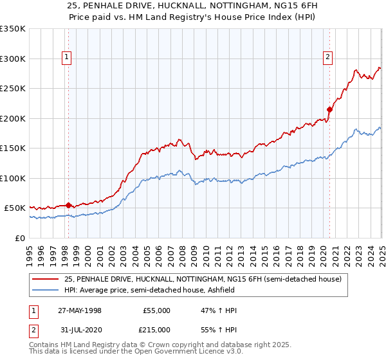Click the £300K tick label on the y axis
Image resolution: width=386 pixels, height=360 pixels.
coord(13,59)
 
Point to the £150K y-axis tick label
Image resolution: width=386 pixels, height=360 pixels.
coord(13,148)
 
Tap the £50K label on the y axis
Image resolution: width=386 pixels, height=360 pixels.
coord(15,208)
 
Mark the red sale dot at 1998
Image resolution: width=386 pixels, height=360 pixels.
coord(69,206)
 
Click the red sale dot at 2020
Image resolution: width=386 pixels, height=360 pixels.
coord(329,109)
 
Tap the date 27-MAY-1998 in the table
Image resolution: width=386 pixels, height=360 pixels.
coord(80,310)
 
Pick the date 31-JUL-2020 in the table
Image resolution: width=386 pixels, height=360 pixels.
coord(80,330)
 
